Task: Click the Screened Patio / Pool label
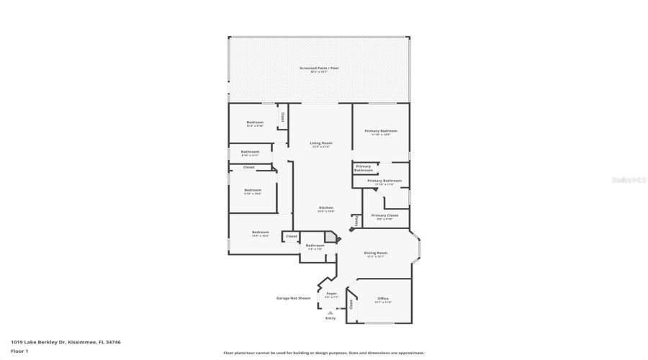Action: [x=319, y=68]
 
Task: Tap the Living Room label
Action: [x=321, y=143]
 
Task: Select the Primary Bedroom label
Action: [x=381, y=130]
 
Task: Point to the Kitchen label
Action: [x=326, y=207]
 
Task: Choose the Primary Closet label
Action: [x=384, y=215]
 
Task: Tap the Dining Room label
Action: [x=375, y=252]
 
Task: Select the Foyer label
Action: [x=331, y=293]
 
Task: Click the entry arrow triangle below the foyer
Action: [x=330, y=312]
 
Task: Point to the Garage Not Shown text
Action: [x=294, y=298]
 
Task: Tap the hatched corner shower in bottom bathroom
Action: [x=330, y=236]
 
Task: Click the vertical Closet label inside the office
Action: [x=351, y=305]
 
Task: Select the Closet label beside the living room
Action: [x=283, y=117]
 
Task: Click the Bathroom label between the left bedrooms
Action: [x=250, y=151]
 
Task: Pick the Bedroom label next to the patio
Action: [x=255, y=122]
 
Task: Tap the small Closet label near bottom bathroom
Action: [x=291, y=236]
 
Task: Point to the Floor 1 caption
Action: [x=19, y=351]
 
